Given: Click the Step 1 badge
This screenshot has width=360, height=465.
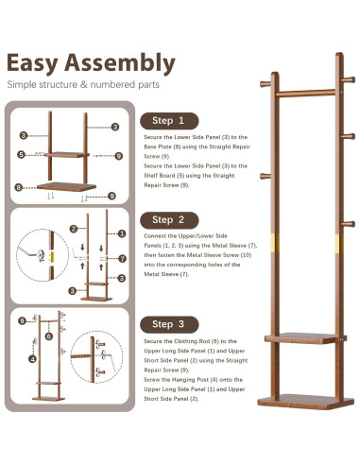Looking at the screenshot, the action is [x=169, y=121].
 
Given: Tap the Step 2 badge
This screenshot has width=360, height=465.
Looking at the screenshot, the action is [x=169, y=220].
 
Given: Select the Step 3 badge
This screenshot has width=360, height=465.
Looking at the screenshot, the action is [x=169, y=324].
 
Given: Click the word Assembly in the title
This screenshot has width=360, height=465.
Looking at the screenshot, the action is [x=120, y=63].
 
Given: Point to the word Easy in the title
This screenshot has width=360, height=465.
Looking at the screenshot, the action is [x=32, y=63].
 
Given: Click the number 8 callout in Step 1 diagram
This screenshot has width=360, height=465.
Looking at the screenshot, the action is [x=19, y=187].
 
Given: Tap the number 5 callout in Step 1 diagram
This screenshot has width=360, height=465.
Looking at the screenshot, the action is [x=21, y=154].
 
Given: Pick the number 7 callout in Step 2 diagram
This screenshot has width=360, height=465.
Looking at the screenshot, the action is [x=122, y=259].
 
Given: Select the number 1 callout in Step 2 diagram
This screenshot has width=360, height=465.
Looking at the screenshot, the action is [x=122, y=233].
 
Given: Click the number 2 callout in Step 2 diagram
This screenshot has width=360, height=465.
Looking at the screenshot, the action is [x=74, y=229].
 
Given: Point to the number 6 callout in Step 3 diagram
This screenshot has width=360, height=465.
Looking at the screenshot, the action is [x=49, y=336].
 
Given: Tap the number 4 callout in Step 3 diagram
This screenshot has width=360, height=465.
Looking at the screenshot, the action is [x=33, y=358].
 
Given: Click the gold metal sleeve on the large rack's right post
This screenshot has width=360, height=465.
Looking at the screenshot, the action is [x=339, y=244].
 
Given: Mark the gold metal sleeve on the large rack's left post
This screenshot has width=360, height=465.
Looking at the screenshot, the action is [x=275, y=241].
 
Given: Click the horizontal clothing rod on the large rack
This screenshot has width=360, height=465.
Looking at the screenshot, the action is [x=305, y=93].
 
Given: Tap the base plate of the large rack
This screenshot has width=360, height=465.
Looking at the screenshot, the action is [x=306, y=402].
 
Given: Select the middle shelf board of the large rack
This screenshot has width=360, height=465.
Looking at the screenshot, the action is [x=305, y=338].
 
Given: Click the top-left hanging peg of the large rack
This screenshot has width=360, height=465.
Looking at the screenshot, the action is [x=266, y=84].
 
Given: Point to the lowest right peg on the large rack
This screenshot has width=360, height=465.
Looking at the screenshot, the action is [x=349, y=224].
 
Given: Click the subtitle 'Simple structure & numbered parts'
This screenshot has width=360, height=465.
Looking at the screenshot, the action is [x=83, y=84].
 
